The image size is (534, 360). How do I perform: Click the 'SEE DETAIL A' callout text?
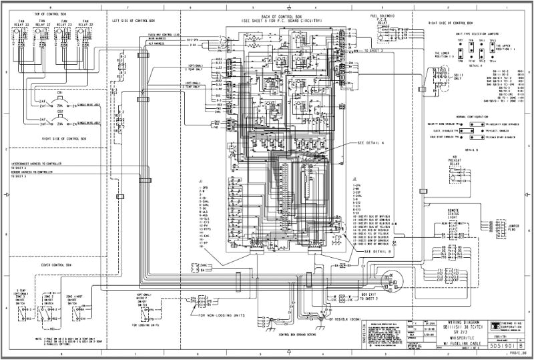(371, 143)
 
